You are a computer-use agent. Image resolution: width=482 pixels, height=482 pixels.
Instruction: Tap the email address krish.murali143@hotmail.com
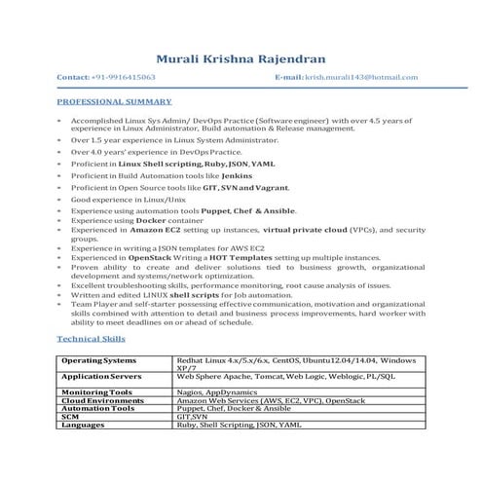[x=360, y=76]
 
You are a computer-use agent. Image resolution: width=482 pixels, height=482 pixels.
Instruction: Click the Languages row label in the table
[x=84, y=425]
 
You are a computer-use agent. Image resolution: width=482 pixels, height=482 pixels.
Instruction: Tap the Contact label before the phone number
[x=75, y=76]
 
